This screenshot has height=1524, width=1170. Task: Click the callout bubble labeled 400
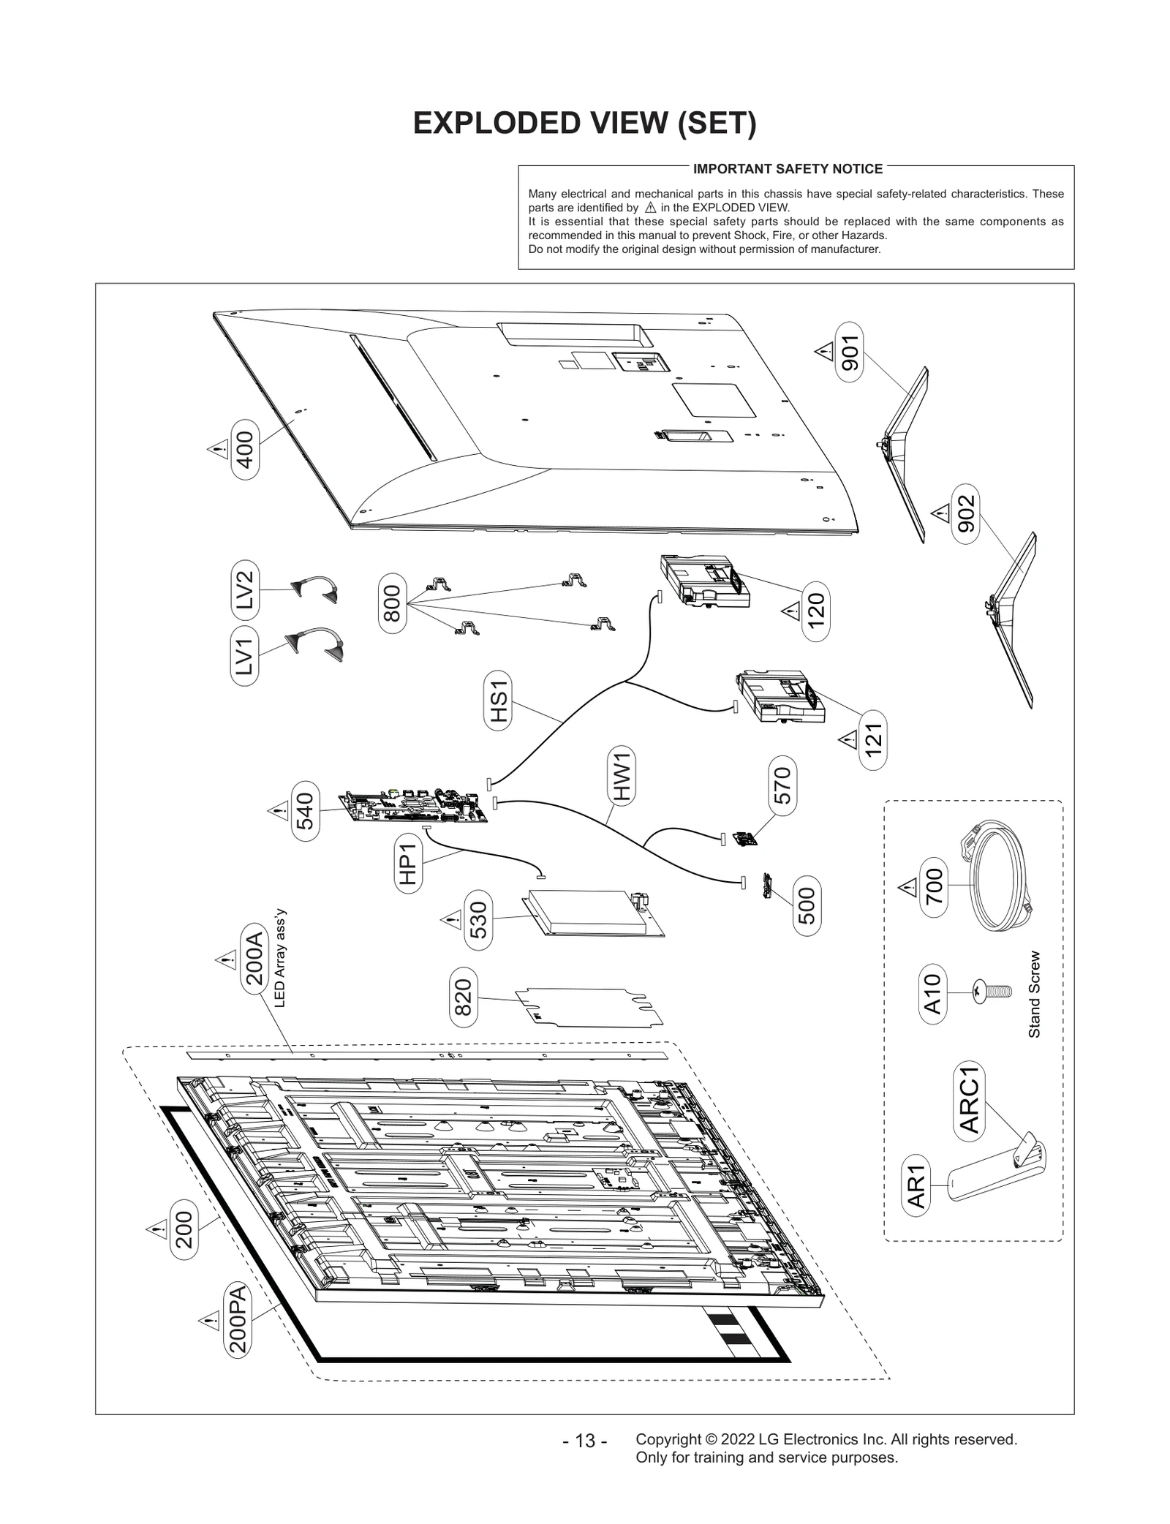point(245,449)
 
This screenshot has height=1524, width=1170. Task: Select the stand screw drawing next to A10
point(992,992)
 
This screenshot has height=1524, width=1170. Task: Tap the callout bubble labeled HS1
point(498,701)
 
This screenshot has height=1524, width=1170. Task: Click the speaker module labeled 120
point(704,581)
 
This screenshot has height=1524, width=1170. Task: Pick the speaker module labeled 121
point(780,697)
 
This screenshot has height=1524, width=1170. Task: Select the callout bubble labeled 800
point(393,603)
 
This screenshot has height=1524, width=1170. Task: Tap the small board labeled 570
point(744,839)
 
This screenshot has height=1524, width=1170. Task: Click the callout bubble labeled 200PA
point(238,1321)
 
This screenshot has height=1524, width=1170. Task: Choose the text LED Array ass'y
point(279,959)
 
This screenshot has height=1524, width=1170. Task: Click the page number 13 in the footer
point(585,1440)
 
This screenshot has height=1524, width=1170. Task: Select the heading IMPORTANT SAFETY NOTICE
point(788,169)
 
